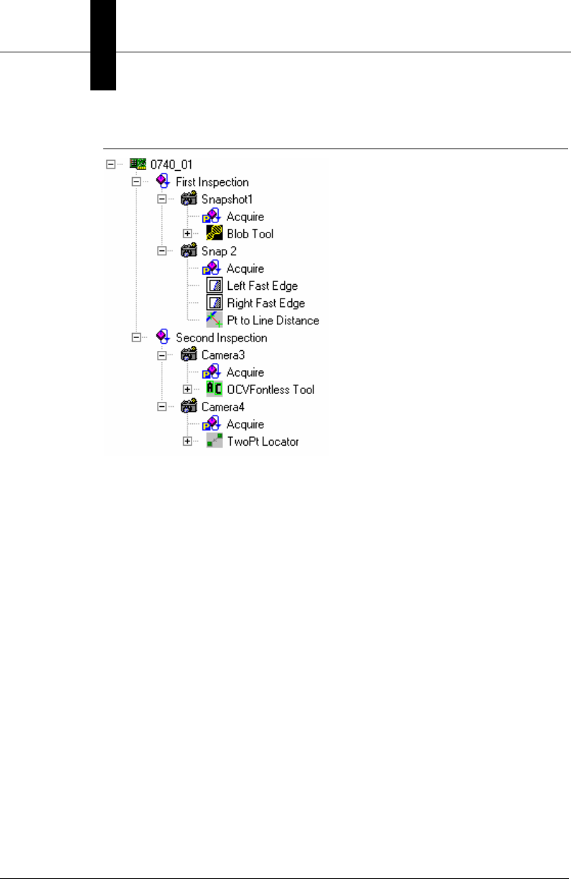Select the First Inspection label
pyautogui.click(x=212, y=182)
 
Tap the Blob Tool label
pyautogui.click(x=250, y=234)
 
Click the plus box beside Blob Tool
pyautogui.click(x=188, y=234)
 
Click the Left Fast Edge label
pyautogui.click(x=262, y=286)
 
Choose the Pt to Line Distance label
pyautogui.click(x=273, y=321)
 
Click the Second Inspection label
pyautogui.click(x=221, y=338)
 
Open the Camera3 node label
pyautogui.click(x=222, y=355)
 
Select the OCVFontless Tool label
pyautogui.click(x=270, y=390)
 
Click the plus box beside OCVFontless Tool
pyautogui.click(x=188, y=390)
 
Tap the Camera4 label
pyautogui.click(x=222, y=407)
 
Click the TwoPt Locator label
pyautogui.click(x=263, y=441)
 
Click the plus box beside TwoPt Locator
pyautogui.click(x=188, y=441)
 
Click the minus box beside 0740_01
pyautogui.click(x=110, y=164)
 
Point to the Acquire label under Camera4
pyautogui.click(x=245, y=424)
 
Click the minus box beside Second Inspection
pyautogui.click(x=136, y=338)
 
